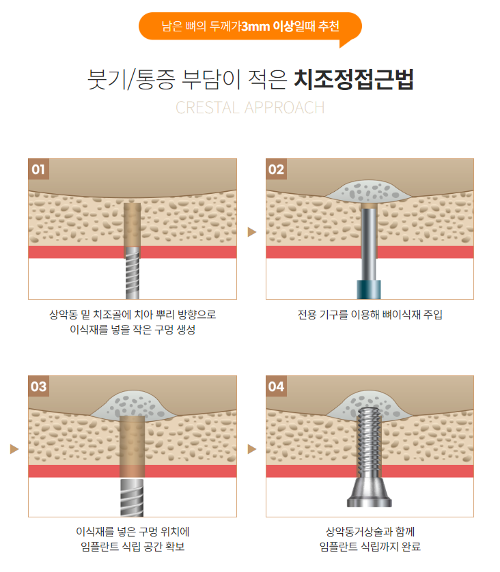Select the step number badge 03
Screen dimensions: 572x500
[x=38, y=386]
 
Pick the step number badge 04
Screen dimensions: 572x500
[x=276, y=386]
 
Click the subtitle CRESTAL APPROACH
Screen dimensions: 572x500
[x=250, y=108]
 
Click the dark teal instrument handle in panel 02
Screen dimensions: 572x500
[x=370, y=289]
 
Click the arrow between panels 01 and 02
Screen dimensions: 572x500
[x=251, y=232]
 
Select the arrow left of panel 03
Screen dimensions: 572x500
[x=14, y=449]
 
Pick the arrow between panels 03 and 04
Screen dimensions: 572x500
[x=251, y=449]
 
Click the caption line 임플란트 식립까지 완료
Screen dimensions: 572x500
[x=370, y=547]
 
